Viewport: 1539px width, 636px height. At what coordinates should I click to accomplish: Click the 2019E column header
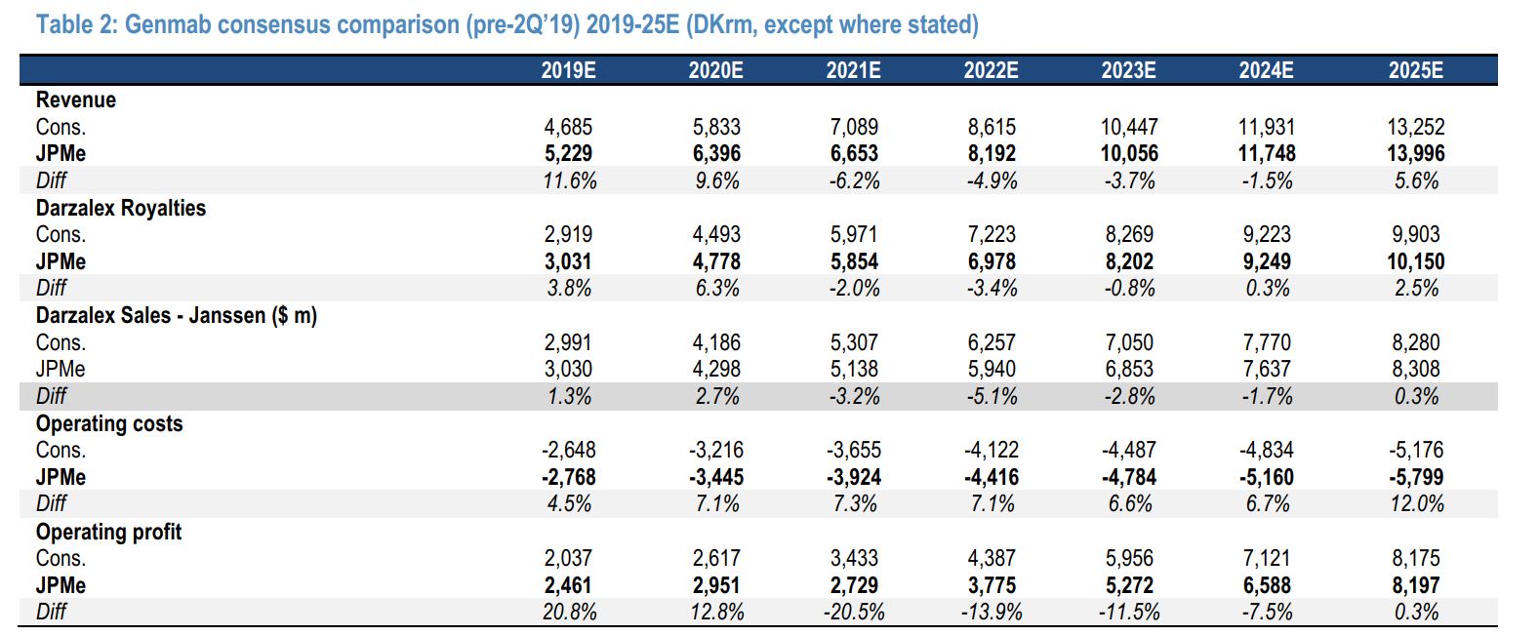568,70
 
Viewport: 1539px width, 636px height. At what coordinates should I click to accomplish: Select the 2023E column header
1129,70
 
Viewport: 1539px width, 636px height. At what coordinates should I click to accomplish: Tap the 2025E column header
1416,70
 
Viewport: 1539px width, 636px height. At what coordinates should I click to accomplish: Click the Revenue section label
75,99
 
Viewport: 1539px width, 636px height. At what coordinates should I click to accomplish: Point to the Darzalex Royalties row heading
121,208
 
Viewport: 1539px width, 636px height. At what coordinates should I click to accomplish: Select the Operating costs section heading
109,423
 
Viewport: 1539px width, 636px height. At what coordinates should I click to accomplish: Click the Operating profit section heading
108,532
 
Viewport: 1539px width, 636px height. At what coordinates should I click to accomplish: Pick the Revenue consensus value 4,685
568,127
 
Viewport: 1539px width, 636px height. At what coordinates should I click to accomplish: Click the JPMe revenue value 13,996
1416,153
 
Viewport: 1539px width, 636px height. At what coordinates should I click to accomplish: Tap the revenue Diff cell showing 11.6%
570,180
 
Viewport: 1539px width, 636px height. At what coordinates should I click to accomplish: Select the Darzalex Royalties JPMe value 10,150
1416,261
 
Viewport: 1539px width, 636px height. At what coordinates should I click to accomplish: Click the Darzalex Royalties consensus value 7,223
992,234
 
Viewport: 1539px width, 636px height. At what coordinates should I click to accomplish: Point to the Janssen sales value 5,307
854,342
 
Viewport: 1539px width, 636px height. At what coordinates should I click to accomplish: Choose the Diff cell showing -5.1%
992,396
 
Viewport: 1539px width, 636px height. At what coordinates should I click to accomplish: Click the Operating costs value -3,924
854,477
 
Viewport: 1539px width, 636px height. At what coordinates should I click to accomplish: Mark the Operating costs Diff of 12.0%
1417,503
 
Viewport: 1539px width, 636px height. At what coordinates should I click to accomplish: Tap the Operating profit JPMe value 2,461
568,585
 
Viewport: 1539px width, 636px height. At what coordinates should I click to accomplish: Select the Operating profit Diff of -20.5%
854,612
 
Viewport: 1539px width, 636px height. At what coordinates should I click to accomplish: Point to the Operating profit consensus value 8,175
1416,558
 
